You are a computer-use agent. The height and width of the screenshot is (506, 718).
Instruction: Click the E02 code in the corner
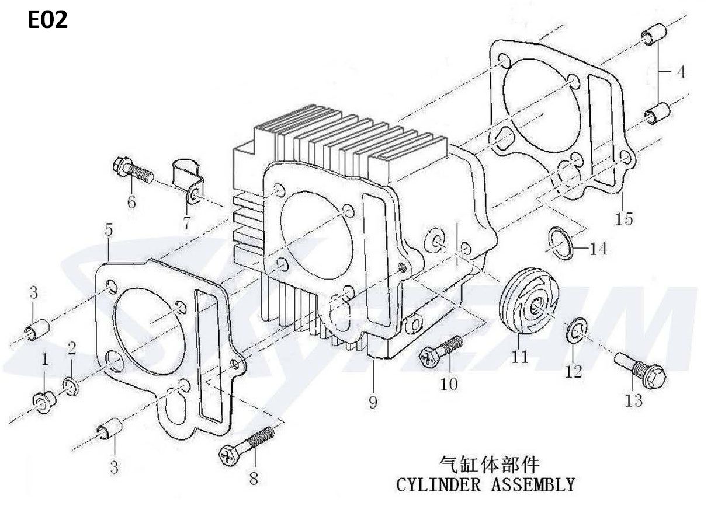(48, 20)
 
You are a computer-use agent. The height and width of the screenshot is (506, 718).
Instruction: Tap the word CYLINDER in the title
(438, 484)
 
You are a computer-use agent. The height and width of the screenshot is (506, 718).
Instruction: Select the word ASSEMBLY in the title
(533, 484)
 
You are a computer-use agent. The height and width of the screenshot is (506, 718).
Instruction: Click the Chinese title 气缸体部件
(489, 465)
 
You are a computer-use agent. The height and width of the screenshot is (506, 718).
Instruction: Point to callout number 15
(624, 219)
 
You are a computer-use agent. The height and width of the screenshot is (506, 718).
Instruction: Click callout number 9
(373, 402)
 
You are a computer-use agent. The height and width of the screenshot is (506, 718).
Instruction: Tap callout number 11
(519, 357)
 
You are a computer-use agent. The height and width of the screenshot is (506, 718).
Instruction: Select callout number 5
(109, 230)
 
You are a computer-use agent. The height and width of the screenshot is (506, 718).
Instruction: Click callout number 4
(681, 72)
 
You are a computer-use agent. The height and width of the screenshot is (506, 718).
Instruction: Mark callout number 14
(598, 249)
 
